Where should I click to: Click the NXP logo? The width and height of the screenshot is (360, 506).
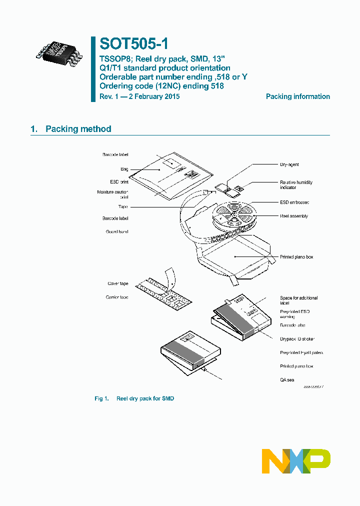[x=296, y=461]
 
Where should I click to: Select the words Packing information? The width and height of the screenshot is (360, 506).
[x=297, y=96]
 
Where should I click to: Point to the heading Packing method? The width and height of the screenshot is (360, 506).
[x=78, y=129]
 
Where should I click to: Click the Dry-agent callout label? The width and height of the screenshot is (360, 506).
[x=289, y=164]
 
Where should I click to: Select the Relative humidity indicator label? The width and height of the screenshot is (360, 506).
[x=296, y=185]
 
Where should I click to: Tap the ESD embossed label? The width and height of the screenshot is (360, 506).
[x=294, y=202]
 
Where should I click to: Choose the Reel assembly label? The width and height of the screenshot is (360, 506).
[x=293, y=216]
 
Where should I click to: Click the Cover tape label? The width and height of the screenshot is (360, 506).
[x=118, y=283]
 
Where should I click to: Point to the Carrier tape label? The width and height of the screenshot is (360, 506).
[x=117, y=297]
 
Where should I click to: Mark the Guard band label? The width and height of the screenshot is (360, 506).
[x=117, y=231]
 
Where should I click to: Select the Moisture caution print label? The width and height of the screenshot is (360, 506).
[x=112, y=194]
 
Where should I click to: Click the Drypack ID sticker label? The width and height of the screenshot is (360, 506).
[x=297, y=339]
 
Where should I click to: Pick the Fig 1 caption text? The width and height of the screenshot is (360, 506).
[x=134, y=398]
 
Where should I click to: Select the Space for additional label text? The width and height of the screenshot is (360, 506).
[x=298, y=300]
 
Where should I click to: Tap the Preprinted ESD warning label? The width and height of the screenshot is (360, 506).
[x=295, y=314]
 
